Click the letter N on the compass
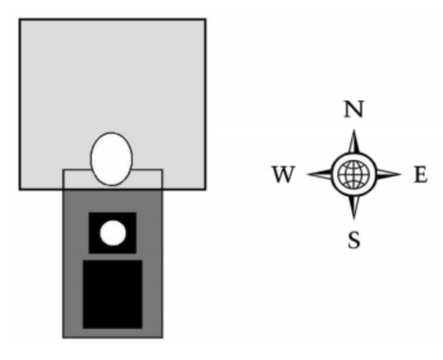354,109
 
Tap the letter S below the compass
354,240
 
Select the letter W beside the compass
284,174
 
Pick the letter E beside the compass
421,174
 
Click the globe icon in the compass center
354,174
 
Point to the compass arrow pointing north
354,142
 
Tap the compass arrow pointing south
354,207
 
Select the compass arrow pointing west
320,174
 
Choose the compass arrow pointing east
389,174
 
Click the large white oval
112,159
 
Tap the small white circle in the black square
113,233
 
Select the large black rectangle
112,294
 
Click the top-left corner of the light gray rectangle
19,19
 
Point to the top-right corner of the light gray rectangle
205,19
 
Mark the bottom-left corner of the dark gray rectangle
63,338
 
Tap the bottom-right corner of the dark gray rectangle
162,338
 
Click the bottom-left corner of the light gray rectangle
19,189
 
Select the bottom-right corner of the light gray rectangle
205,189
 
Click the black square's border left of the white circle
94,233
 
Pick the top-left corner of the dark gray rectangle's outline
63,170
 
